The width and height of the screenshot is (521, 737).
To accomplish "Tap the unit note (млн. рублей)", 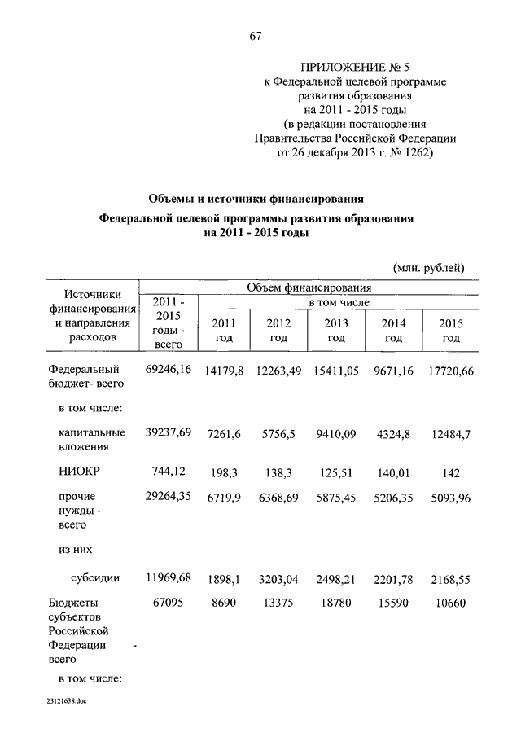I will (428, 266).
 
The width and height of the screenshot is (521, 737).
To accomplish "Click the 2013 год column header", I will (335, 330).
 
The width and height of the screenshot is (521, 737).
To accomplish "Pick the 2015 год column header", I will (451, 330).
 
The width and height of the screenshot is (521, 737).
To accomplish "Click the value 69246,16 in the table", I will (168, 370).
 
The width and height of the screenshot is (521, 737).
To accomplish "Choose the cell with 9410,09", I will (335, 433).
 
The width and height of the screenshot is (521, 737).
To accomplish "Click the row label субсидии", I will (95, 578).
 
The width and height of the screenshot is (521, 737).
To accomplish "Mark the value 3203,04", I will (278, 579).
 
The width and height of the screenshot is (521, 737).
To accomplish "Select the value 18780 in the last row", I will (335, 603).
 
